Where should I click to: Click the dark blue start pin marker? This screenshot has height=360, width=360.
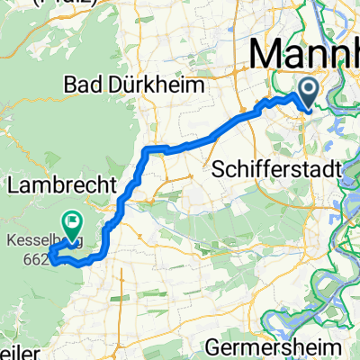[x=307, y=90]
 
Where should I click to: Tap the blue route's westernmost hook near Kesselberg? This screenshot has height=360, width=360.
[x=49, y=262]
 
